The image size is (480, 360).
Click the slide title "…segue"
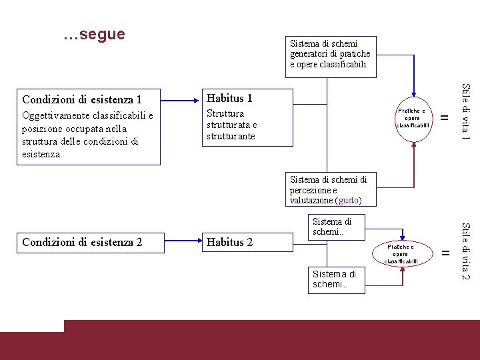point(94,35)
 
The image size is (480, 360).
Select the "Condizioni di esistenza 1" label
point(82,100)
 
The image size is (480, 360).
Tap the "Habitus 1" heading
point(229,98)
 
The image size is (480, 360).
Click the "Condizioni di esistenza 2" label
point(82,242)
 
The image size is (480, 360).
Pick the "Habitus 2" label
point(230,242)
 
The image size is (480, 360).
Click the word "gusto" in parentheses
point(349,200)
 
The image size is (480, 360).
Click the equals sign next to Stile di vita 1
point(446,118)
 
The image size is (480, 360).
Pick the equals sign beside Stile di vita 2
point(446,252)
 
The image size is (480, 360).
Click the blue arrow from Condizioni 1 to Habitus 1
point(181,101)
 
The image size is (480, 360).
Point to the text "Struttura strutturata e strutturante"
point(231,125)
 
